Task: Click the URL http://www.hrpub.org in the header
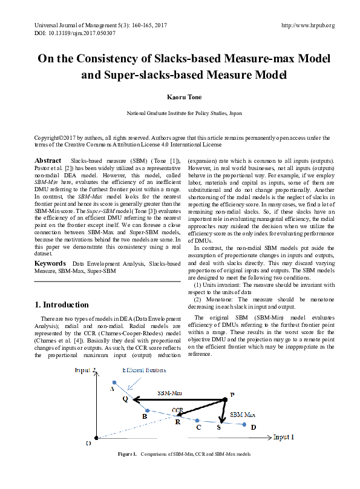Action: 308,25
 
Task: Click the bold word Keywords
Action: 50,264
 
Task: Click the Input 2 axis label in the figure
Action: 87,370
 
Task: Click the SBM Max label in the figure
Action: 242,415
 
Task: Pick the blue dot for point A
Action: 114,382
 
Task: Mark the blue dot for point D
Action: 244,425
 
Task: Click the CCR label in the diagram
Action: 177,410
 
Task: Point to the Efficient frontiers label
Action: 145,370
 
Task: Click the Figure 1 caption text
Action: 183,454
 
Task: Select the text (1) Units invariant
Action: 227,284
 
